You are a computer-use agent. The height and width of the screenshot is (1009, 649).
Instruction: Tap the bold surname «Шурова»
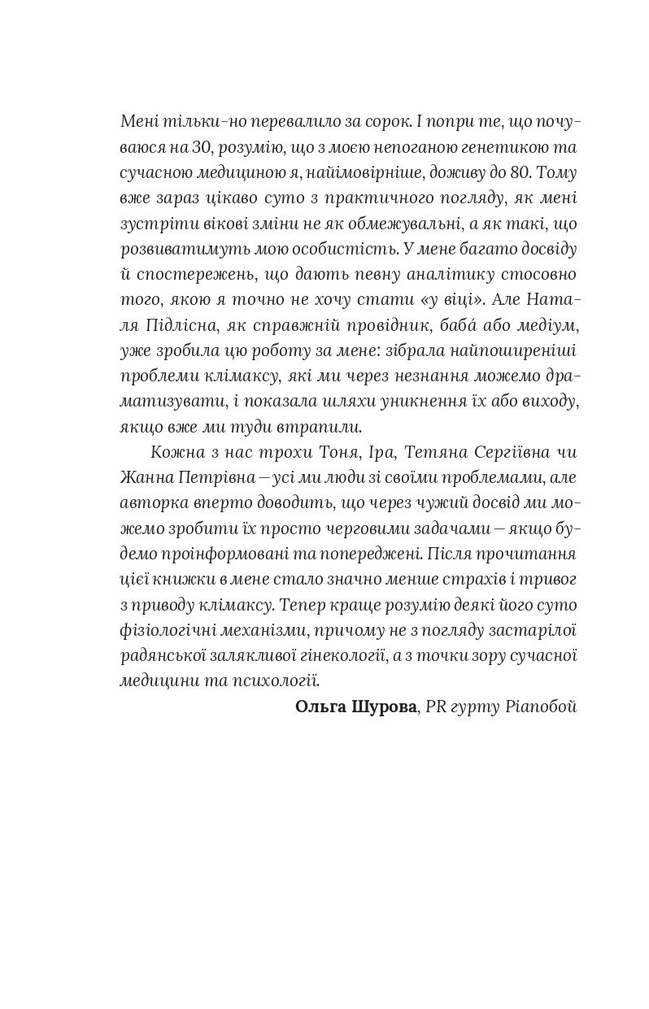point(381,707)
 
